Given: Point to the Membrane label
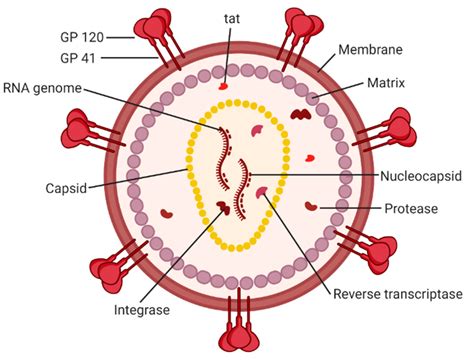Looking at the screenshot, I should [x=370, y=49].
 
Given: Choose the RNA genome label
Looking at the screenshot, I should [x=42, y=87].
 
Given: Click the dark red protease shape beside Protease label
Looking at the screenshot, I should [x=314, y=206].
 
